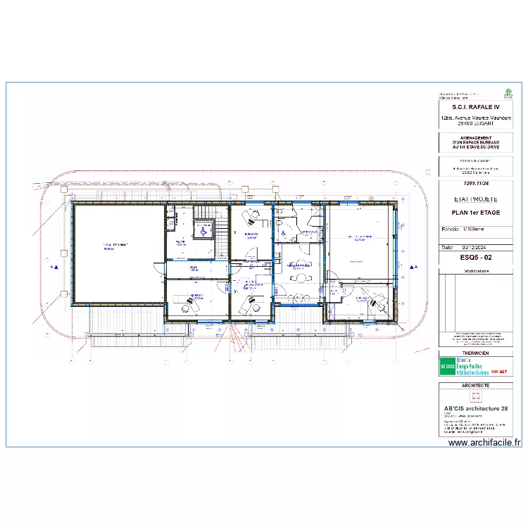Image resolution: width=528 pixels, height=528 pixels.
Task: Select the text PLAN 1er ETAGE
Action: coord(475,212)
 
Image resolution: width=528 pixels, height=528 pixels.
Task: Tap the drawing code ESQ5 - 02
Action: coord(475,258)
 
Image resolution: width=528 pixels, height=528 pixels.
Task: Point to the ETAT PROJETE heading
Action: coord(475,199)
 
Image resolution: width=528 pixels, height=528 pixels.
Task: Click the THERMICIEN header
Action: coord(475,353)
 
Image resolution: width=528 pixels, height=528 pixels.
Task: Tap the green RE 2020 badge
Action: coord(448,367)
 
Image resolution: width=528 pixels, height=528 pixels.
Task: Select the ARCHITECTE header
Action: coord(475,385)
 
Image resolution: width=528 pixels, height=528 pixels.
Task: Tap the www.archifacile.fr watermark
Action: coord(484,443)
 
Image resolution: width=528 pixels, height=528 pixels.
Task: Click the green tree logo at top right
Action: coord(508,92)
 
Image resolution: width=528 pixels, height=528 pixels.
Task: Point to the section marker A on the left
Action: coord(54,268)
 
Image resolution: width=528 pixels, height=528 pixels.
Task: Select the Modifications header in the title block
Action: coord(475,270)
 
